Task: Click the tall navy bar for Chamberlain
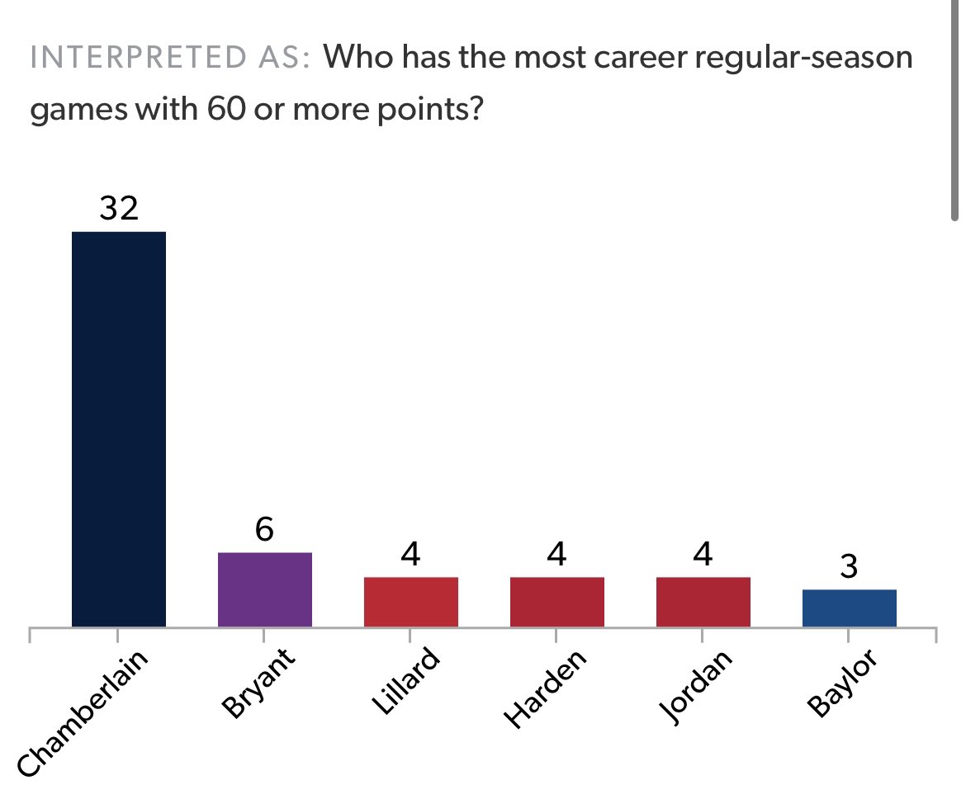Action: [x=119, y=429]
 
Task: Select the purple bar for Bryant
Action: [x=264, y=589]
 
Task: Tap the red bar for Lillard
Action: [x=410, y=602]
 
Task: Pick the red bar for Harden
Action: [x=556, y=602]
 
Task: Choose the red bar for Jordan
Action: [x=703, y=602]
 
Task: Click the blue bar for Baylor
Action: [x=849, y=608]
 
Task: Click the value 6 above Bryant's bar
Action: [x=264, y=530]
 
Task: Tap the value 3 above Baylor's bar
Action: [x=849, y=567]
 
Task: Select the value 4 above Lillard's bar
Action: [x=410, y=555]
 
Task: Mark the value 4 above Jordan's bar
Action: [x=703, y=555]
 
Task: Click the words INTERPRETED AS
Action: [x=169, y=59]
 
